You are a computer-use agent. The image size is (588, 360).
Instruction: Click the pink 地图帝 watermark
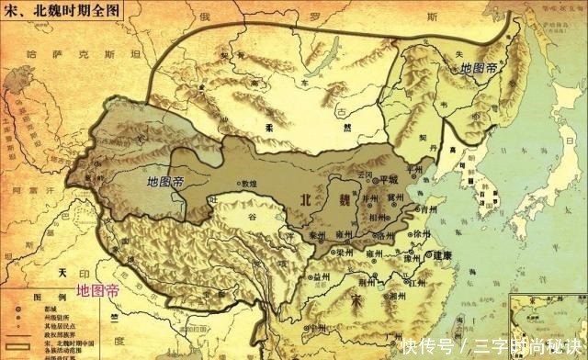97,290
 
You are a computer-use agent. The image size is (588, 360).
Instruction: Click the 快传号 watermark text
426,346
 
